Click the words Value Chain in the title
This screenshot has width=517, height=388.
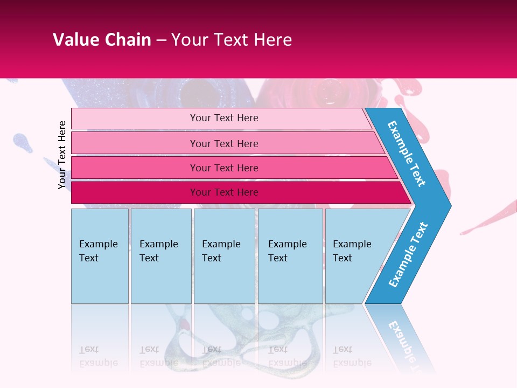point(102,40)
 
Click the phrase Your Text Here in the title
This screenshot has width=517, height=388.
point(232,40)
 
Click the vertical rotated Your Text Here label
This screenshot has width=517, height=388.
point(62,155)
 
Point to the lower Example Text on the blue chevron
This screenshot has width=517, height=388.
point(408,254)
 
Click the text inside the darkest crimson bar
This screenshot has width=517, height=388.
point(224,192)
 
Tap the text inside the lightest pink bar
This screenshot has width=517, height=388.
point(224,118)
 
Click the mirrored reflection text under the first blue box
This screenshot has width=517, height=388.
point(99,356)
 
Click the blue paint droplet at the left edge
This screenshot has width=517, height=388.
point(22,142)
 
